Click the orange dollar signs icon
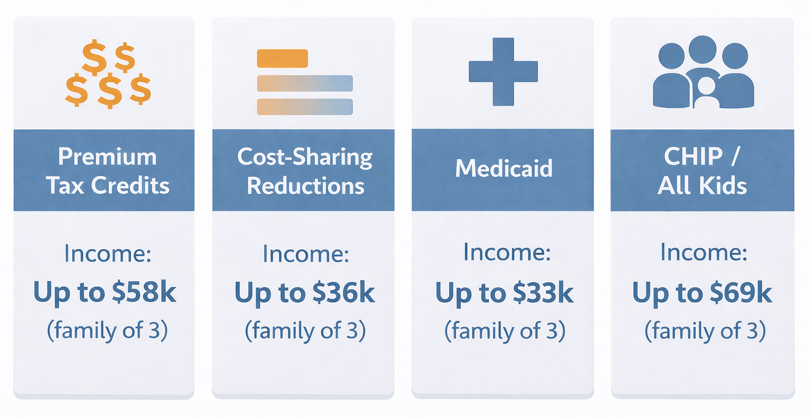coord(108,74)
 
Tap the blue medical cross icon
coord(503,72)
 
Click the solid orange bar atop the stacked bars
coord(282,59)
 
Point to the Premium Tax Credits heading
coord(108,171)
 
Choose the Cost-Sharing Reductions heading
coord(305,171)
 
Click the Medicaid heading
coord(504,168)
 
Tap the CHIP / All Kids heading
coord(702,171)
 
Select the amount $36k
coord(343,293)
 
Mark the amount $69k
coord(741,293)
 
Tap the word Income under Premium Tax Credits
coord(108,254)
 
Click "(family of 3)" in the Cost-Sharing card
coord(305,331)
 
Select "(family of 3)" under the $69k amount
coord(705,331)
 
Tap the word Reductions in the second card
coord(306,186)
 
